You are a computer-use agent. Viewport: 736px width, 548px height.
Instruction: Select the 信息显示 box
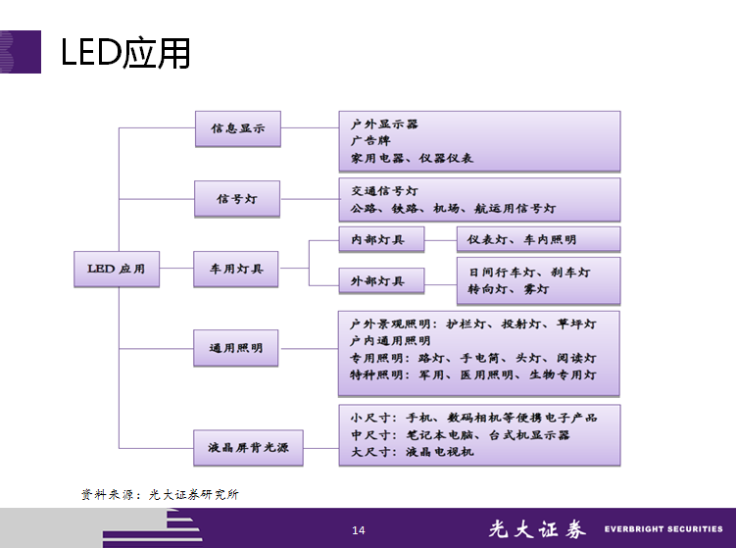[x=236, y=127]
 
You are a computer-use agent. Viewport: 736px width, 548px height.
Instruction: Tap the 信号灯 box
[x=236, y=199]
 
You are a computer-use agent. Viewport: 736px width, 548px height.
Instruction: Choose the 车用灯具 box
[x=236, y=269]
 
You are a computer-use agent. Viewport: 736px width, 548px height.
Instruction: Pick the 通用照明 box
[x=236, y=347]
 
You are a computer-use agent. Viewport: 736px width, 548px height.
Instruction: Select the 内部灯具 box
[x=380, y=239]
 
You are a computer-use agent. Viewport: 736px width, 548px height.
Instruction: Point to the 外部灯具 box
[x=380, y=281]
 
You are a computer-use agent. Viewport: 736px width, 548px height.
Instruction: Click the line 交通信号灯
[x=384, y=190]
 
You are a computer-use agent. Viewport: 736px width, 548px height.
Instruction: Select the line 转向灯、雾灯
[x=508, y=289]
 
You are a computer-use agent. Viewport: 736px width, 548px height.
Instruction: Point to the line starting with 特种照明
[x=472, y=374]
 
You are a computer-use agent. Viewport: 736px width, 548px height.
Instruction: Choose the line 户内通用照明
[x=390, y=340]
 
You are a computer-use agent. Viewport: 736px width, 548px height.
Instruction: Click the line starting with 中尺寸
[x=460, y=434]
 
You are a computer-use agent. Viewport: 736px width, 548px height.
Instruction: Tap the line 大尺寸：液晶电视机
[x=412, y=452]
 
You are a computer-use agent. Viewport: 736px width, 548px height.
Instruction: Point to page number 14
[x=359, y=530]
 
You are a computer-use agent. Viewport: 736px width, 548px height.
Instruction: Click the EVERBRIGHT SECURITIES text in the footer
[x=663, y=529]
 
